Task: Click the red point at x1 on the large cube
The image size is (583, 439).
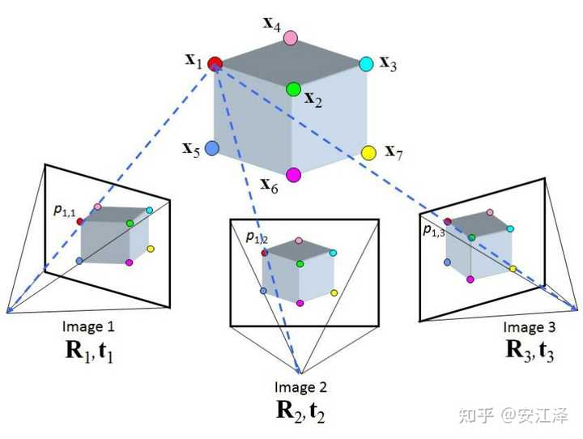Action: pos(215,63)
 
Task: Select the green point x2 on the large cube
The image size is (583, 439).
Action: pos(293,88)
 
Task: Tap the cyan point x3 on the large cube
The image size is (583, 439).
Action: pos(365,63)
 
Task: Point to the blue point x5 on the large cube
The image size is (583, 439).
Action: pos(213,148)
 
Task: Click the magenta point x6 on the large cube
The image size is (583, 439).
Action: pos(293,174)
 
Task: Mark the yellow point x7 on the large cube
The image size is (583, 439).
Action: pos(368,151)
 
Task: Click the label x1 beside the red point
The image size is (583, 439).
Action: pos(193,59)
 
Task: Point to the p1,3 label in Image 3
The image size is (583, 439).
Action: pos(434,230)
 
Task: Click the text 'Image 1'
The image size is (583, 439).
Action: pos(88,326)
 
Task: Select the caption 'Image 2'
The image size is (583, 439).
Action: pos(300,387)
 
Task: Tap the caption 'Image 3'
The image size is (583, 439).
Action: pos(530,327)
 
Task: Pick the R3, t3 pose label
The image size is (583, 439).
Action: pos(530,350)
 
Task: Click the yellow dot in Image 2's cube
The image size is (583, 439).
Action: pos(334,292)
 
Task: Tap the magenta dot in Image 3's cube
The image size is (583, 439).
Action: pos(471,279)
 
